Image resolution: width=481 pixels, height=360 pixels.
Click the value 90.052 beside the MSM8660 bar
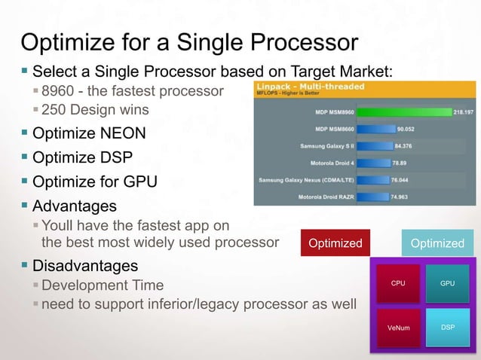(408, 129)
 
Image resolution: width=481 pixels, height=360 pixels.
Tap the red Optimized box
(335, 243)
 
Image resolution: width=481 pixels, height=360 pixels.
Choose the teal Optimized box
(437, 243)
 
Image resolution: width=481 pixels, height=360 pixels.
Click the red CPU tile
(398, 283)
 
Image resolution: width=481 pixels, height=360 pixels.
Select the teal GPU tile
(447, 283)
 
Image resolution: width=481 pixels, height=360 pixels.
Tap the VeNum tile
(398, 328)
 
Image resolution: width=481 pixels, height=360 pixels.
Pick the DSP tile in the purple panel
(447, 328)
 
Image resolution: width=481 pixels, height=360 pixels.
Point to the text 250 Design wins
(95, 110)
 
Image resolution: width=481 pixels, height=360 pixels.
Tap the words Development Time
(103, 285)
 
